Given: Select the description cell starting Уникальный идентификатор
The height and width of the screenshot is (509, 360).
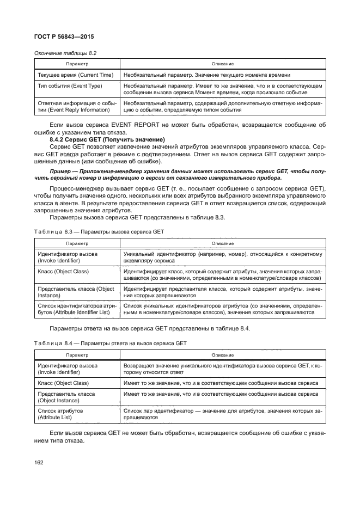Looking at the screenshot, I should click(x=223, y=257).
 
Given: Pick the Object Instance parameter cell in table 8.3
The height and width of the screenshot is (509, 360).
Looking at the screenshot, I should click(x=75, y=292).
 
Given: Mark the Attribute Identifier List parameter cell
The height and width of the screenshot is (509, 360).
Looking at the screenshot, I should click(x=75, y=310).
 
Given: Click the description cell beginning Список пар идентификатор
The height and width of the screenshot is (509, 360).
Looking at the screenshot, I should click(x=223, y=414).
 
